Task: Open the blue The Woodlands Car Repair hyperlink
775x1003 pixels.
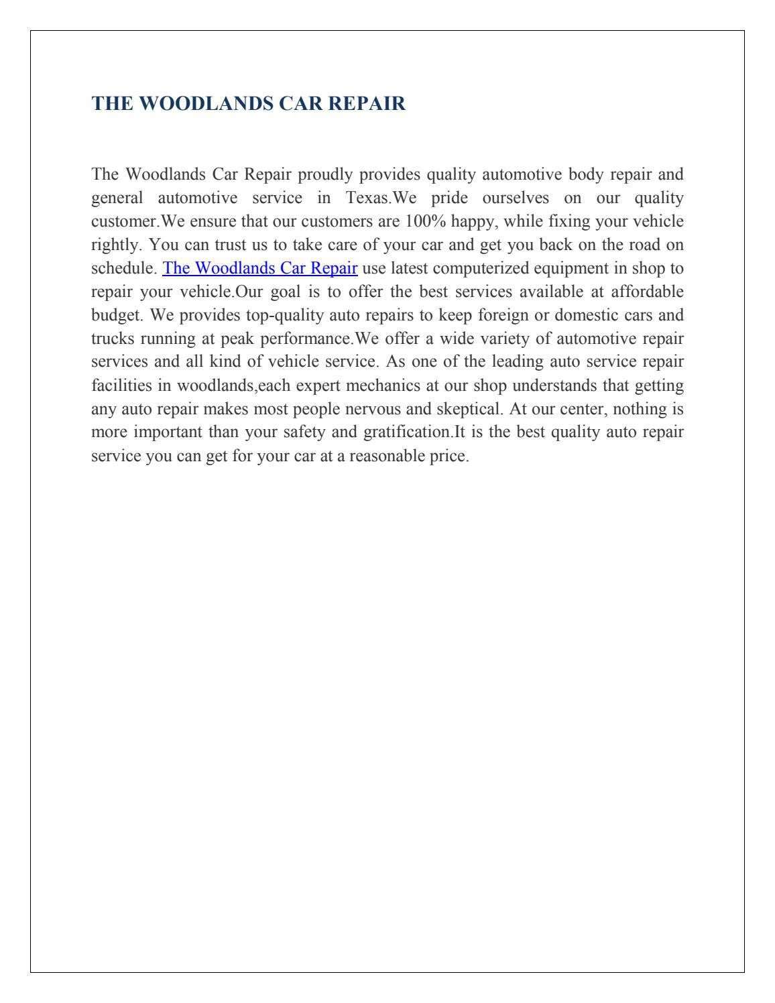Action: (x=260, y=268)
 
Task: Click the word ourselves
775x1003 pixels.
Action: (x=515, y=198)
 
